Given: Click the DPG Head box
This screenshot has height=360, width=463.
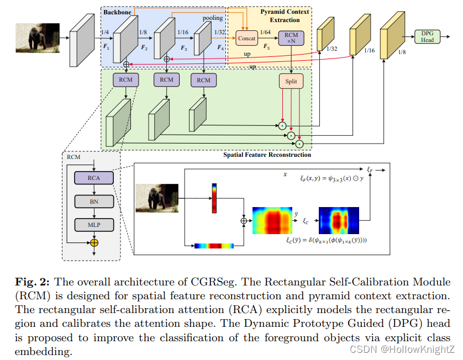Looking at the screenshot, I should (427, 37).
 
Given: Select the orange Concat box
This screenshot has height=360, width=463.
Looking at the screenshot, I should (247, 38).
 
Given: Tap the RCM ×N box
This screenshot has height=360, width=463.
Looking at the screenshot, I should (291, 38).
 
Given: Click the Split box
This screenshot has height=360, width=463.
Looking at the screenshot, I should (291, 81).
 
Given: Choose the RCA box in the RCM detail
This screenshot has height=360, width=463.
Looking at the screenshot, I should (94, 178).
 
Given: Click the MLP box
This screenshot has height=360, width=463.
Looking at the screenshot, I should (94, 224).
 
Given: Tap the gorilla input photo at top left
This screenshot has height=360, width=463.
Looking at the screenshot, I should (38, 38).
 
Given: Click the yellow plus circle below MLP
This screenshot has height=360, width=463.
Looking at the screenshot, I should (94, 242).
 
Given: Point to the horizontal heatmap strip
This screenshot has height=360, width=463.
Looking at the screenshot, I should (214, 245).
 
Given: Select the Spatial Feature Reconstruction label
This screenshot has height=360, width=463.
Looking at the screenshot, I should (267, 155).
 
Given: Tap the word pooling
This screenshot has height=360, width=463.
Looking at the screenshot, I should (212, 18).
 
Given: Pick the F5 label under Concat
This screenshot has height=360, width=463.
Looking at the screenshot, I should (266, 47).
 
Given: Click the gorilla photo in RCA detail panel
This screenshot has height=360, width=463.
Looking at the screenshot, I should (157, 198).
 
